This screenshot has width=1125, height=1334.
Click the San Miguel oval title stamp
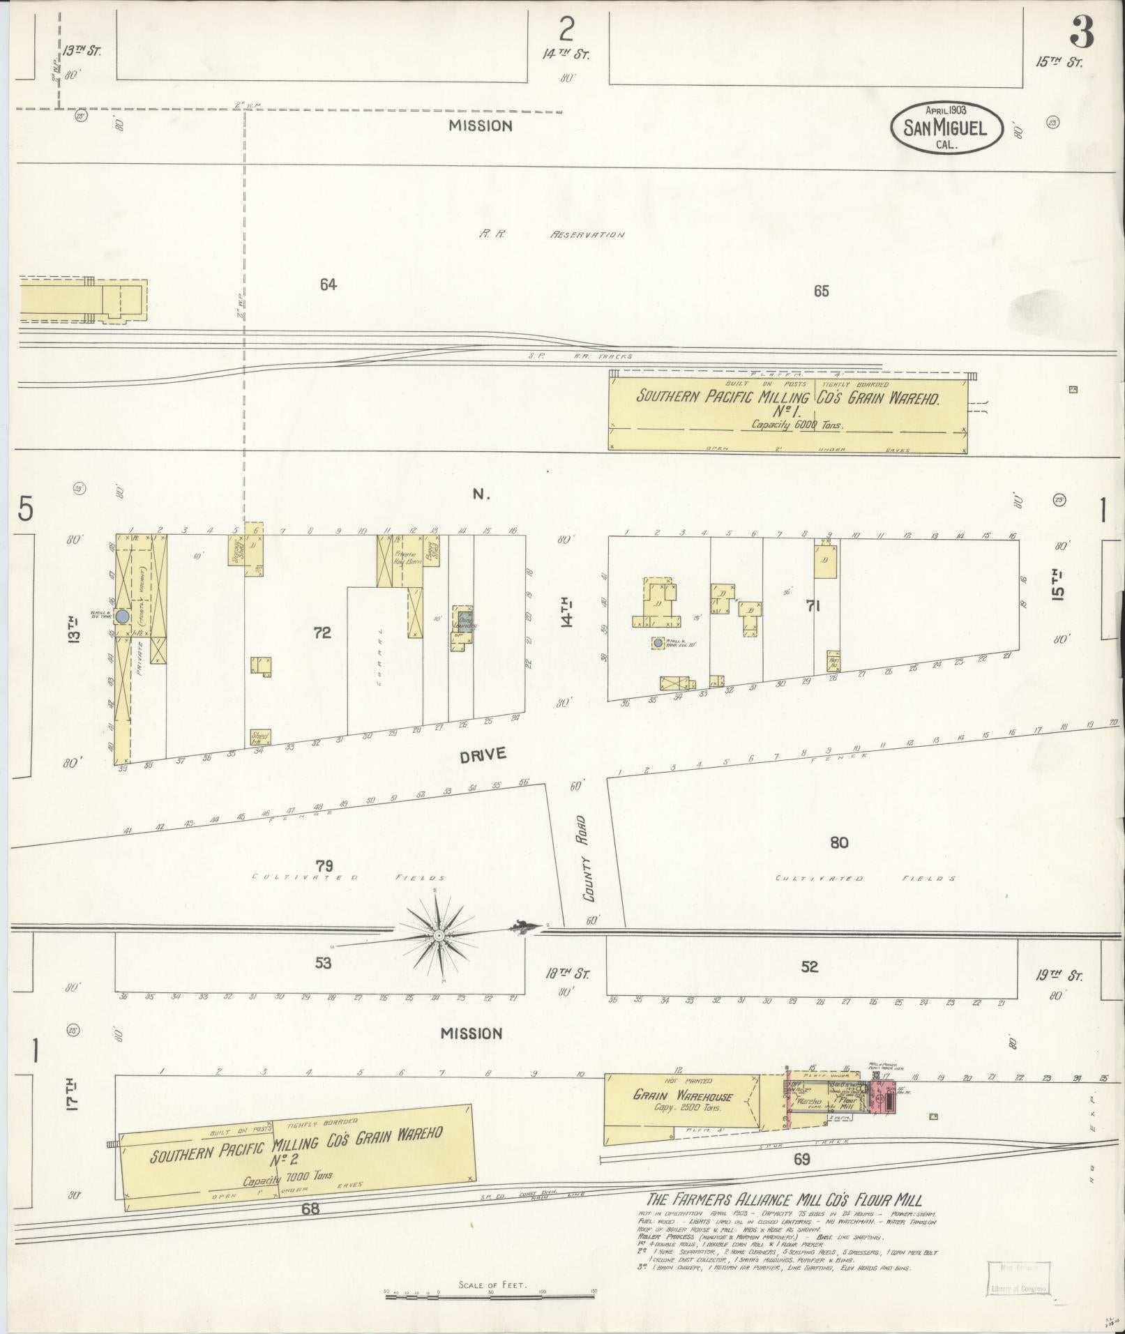[946, 128]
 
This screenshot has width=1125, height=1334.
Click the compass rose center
[439, 934]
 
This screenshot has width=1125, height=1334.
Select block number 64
[328, 284]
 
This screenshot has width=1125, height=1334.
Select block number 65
[821, 291]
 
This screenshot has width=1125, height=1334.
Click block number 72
[322, 632]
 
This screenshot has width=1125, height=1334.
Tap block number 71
[813, 606]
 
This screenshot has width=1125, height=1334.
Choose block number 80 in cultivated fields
[838, 843]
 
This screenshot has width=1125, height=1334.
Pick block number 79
[324, 866]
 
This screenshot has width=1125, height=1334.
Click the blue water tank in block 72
[122, 616]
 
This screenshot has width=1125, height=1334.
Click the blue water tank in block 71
[657, 643]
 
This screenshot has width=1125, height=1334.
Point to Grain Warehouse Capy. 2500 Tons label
[683, 1100]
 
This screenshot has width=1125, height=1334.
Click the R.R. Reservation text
[551, 235]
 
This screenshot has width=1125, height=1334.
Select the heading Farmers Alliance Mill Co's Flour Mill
[784, 1200]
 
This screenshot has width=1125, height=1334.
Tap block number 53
[323, 963]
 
